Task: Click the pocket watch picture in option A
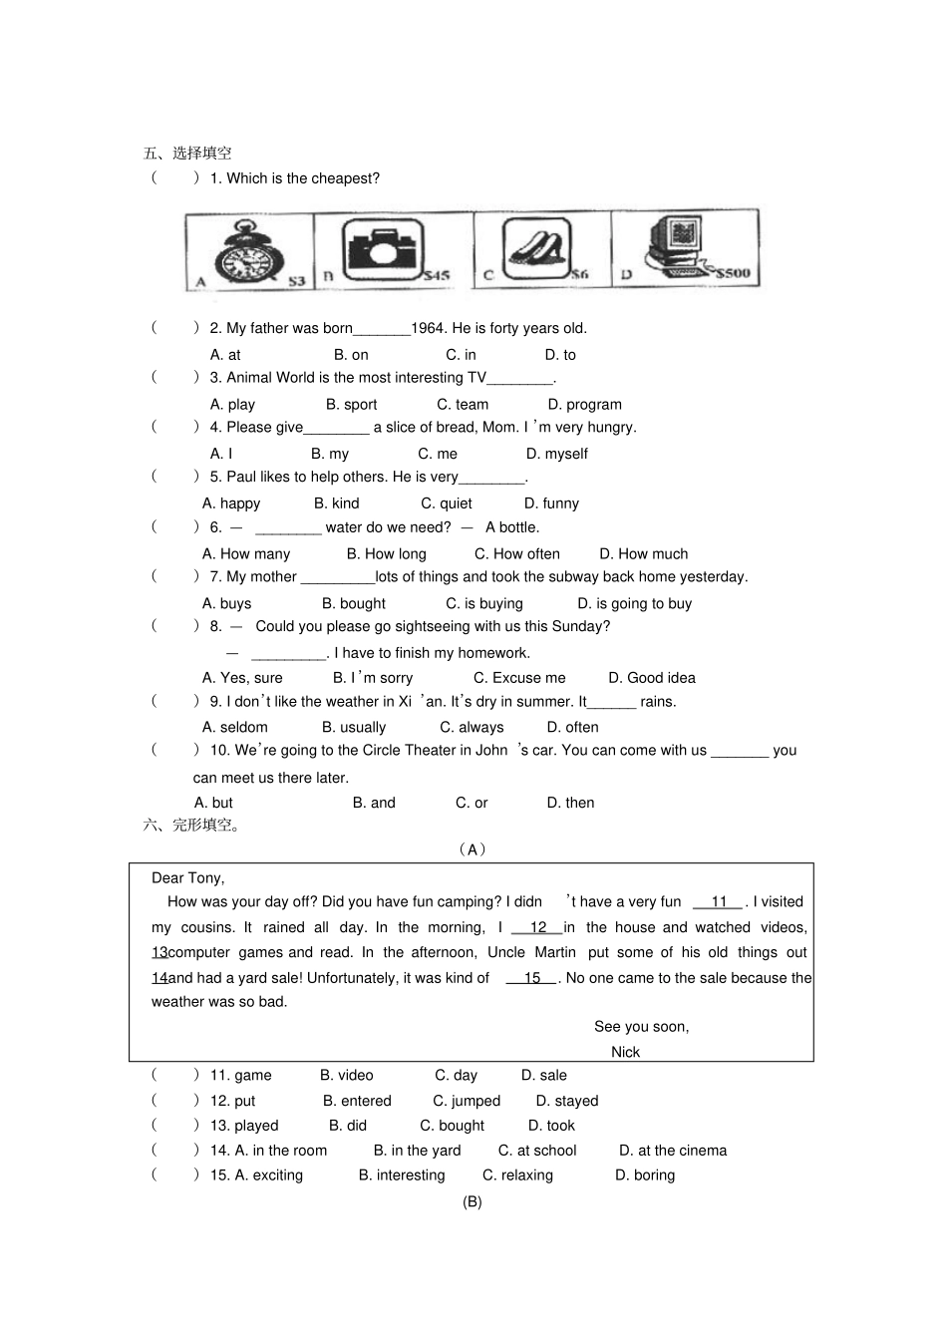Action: click(x=250, y=252)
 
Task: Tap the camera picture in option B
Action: click(x=381, y=249)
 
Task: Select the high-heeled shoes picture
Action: click(x=535, y=249)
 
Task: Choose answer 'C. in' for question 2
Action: click(x=461, y=355)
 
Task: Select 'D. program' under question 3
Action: click(x=584, y=405)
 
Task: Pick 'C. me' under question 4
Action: click(x=438, y=454)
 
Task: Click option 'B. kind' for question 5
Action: click(x=336, y=503)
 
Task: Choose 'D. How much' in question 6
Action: click(x=643, y=554)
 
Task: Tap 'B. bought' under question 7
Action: click(x=353, y=604)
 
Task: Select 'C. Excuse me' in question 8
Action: click(x=518, y=678)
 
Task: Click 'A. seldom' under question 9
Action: click(x=234, y=728)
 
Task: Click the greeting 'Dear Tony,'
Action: click(x=187, y=878)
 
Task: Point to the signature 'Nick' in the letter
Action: click(x=625, y=1052)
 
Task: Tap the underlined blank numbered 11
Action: click(x=719, y=902)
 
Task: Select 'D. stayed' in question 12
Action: click(x=566, y=1101)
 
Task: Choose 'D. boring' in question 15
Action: click(x=644, y=1175)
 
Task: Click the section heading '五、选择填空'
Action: click(x=187, y=154)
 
